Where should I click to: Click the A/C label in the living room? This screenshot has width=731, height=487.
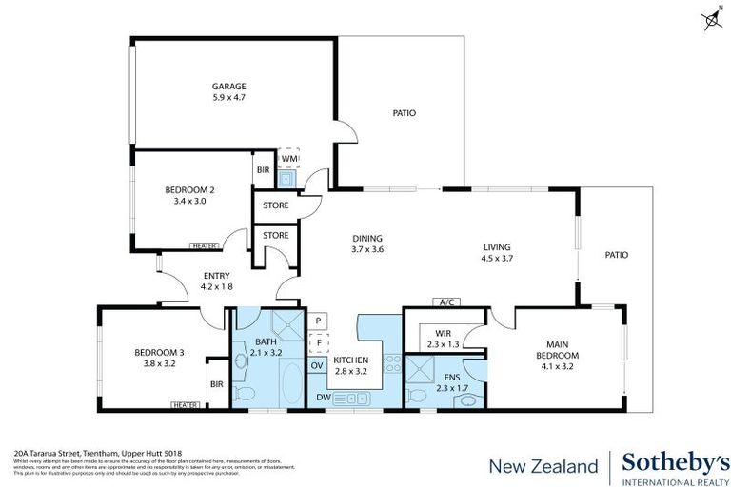[x=445, y=302]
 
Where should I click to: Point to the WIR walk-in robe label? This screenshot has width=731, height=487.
[x=443, y=333]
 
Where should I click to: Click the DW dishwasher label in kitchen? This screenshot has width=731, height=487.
[x=323, y=397]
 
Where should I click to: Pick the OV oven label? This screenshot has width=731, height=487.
[x=317, y=364]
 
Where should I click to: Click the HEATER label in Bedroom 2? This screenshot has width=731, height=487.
[x=204, y=246]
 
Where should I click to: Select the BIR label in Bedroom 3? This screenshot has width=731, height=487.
[x=216, y=385]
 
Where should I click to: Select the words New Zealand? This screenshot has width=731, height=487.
[x=543, y=466]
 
